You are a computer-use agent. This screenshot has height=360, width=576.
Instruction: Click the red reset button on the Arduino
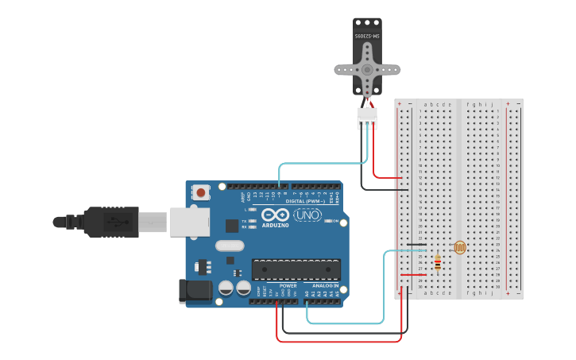(201, 192)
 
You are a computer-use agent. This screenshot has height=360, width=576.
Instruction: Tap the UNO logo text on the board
(307, 215)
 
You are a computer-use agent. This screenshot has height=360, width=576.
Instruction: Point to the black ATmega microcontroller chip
(296, 269)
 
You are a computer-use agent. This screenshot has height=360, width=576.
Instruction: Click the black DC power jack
(195, 291)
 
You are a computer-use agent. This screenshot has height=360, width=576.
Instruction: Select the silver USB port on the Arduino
(189, 223)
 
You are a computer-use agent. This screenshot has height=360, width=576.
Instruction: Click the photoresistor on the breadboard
(460, 247)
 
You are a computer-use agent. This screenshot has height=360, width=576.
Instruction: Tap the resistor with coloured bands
(437, 262)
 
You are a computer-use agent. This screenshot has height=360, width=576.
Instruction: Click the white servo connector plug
(367, 118)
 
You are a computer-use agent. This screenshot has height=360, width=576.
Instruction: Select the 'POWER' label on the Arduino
(288, 285)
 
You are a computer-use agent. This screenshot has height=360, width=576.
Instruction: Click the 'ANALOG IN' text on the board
(325, 285)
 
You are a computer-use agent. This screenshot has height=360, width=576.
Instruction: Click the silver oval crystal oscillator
(229, 246)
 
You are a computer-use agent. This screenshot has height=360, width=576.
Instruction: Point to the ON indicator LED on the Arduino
(327, 221)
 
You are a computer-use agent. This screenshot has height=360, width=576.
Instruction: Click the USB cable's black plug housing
(111, 222)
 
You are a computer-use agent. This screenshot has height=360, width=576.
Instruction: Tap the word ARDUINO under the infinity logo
(276, 226)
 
